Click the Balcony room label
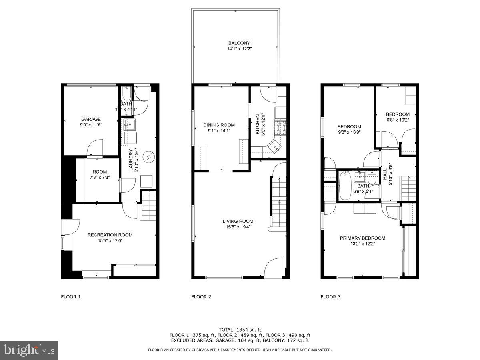coord(239,43)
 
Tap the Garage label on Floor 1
coord(91,119)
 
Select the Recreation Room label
coord(110,235)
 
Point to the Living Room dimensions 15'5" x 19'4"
coord(238,227)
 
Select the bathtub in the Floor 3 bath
coord(344,185)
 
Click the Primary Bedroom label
coord(362,238)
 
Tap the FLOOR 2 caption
coord(201,297)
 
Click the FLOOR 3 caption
coord(330,297)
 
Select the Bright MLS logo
coord(29,350)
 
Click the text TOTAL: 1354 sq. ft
coord(240,329)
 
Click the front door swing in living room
coord(274,267)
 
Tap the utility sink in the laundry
coord(130,125)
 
